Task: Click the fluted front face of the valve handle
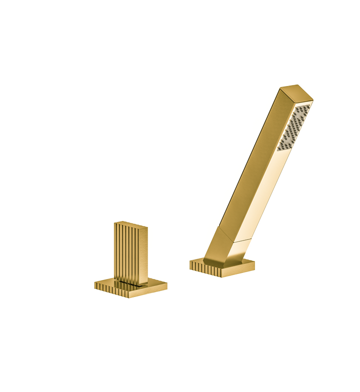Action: click(124, 253)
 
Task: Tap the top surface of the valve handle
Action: click(131, 223)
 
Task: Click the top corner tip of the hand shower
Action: click(298, 85)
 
